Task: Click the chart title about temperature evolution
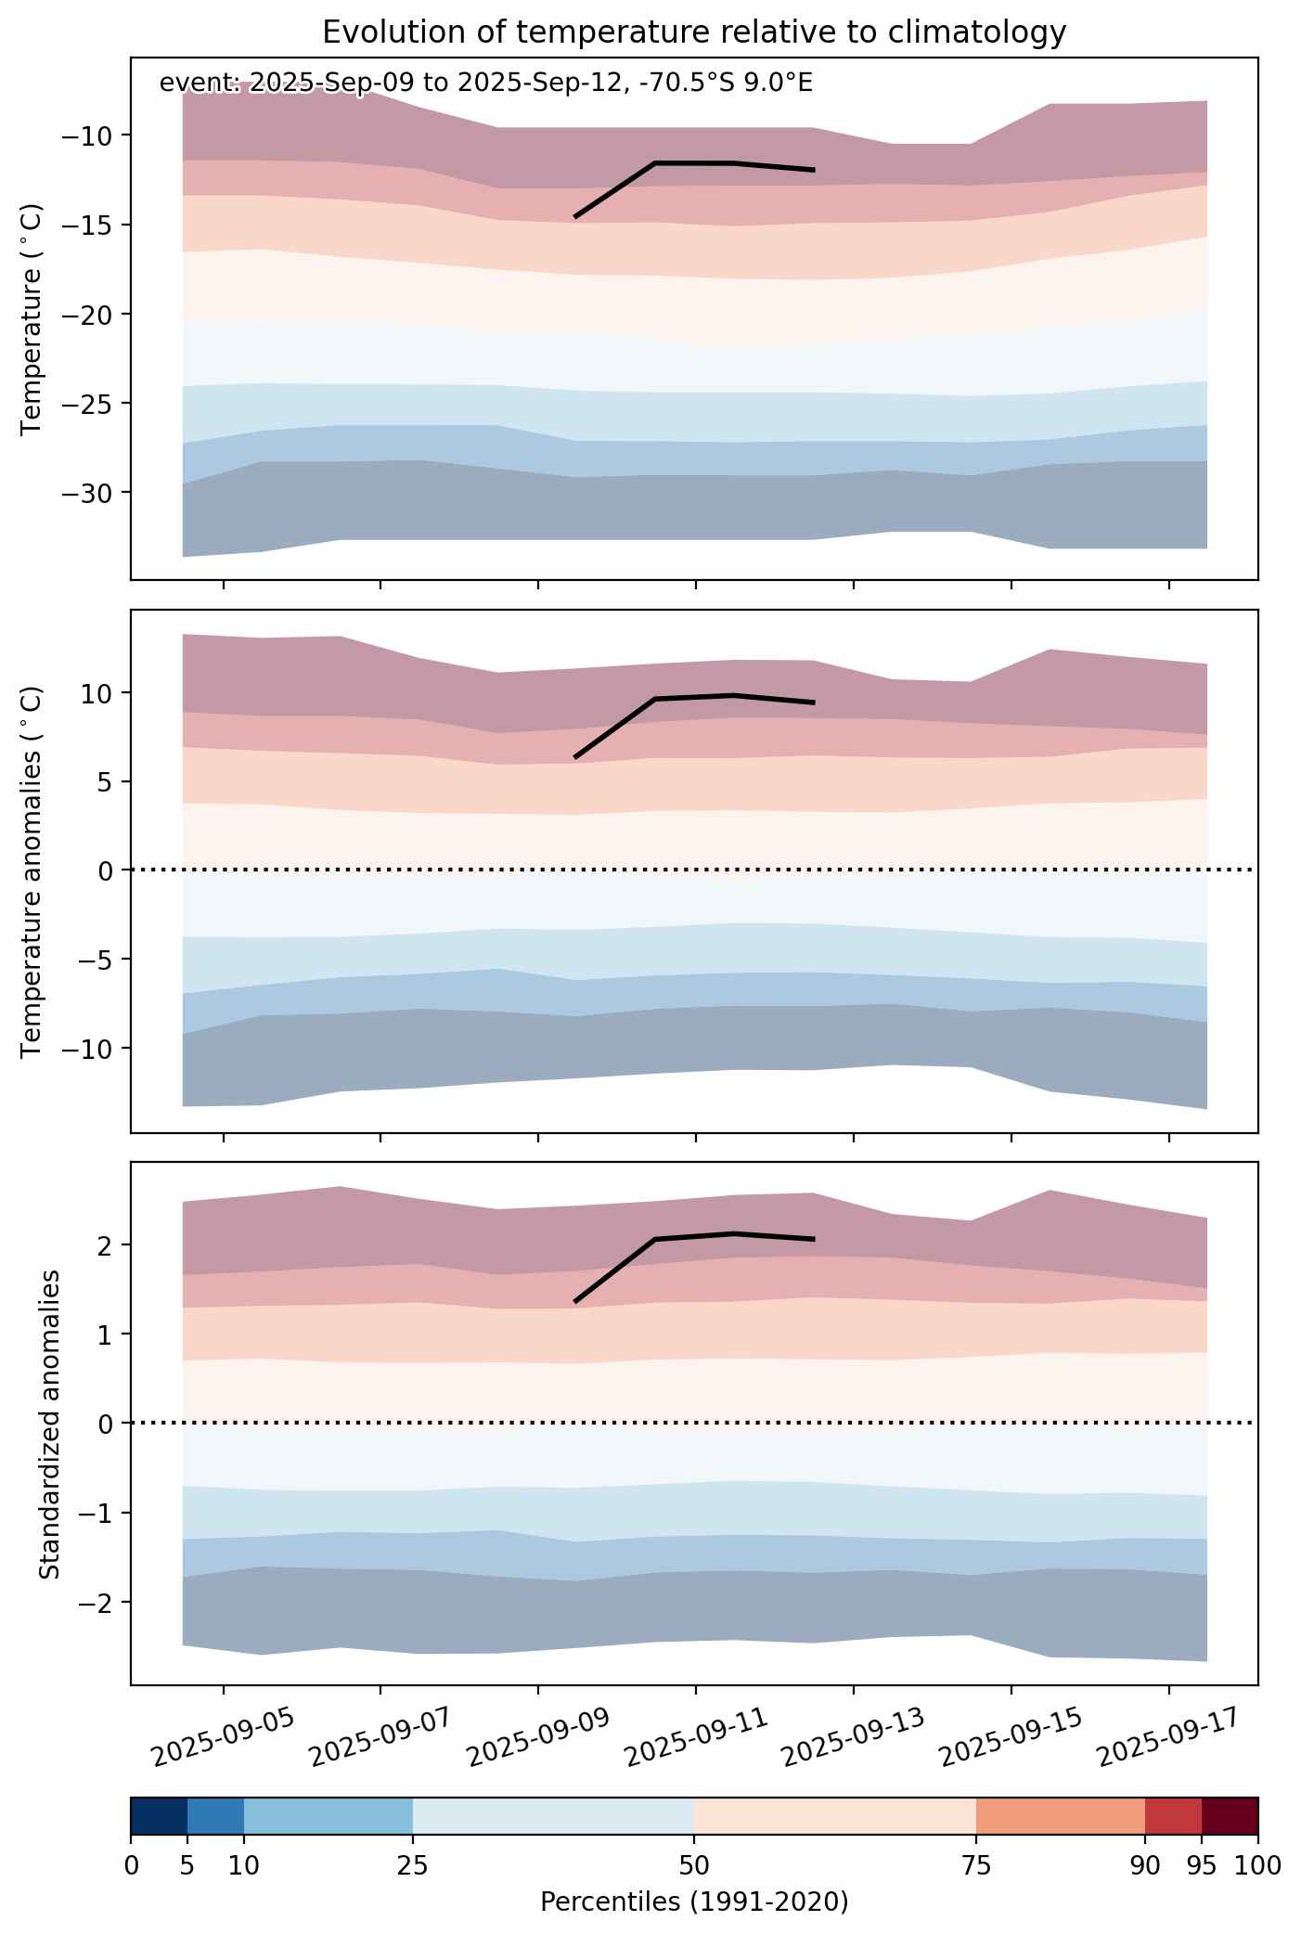(x=694, y=32)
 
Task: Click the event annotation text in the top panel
(x=486, y=84)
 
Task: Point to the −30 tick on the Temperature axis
(x=85, y=492)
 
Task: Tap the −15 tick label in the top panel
(x=85, y=225)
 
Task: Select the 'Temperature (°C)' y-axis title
(x=32, y=319)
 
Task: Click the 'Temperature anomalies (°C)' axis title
(x=32, y=871)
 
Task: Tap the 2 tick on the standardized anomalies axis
(x=105, y=1244)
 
